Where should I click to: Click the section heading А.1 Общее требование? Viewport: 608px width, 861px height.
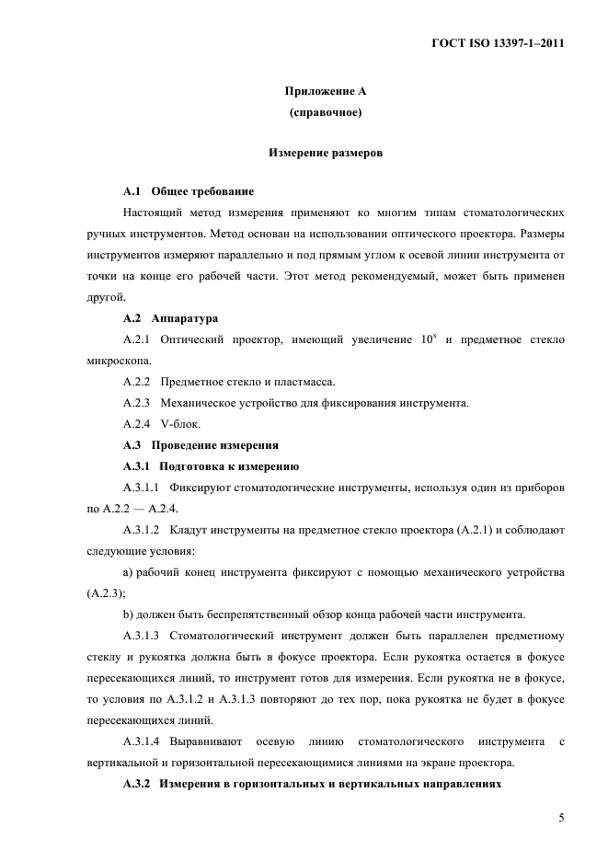click(188, 191)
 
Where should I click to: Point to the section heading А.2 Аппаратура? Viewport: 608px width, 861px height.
click(170, 318)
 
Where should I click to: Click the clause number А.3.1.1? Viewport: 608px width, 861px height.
click(142, 488)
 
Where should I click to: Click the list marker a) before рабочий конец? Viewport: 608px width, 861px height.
click(127, 572)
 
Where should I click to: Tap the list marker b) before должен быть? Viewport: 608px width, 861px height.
click(127, 614)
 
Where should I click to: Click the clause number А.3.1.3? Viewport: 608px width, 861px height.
click(142, 636)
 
